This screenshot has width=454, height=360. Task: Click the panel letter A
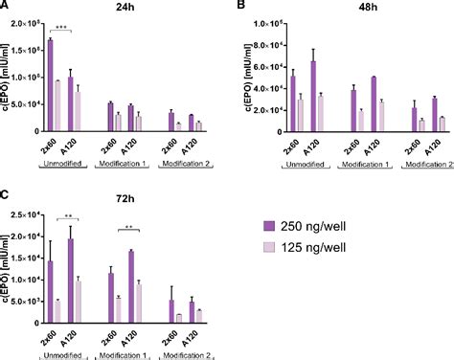click(x=6, y=6)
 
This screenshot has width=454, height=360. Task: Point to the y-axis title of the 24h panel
click(x=8, y=77)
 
